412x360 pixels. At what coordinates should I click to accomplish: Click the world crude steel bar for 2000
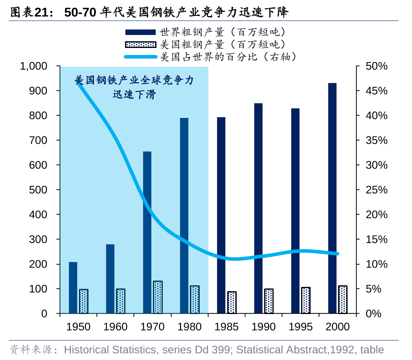pyautogui.click(x=332, y=198)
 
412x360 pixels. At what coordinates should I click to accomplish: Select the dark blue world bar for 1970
pyautogui.click(x=147, y=232)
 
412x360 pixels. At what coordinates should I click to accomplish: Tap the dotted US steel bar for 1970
pyautogui.click(x=158, y=297)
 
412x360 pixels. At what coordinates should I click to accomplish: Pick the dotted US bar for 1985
pyautogui.click(x=232, y=303)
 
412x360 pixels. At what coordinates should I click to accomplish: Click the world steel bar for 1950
pyautogui.click(x=73, y=288)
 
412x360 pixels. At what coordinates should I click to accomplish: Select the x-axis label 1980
pyautogui.click(x=190, y=327)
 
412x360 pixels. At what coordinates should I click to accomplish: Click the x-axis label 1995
pyautogui.click(x=301, y=327)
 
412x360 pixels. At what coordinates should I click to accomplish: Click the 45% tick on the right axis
pyautogui.click(x=377, y=91)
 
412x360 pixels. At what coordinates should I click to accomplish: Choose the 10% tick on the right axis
pyautogui.click(x=377, y=264)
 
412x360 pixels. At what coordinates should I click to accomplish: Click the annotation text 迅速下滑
pyautogui.click(x=134, y=95)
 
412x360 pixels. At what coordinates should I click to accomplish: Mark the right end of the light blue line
pyautogui.click(x=337, y=253)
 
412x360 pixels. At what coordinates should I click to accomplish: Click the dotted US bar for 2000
pyautogui.click(x=343, y=299)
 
